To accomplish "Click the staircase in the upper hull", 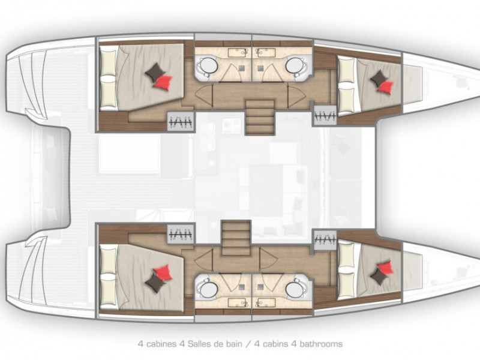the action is pos(260,118).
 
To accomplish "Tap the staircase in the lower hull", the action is pos(236,238).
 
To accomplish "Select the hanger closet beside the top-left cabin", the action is pos(181,121).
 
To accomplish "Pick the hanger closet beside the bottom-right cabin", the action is pos(325,240).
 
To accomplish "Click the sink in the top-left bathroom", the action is pos(238,52).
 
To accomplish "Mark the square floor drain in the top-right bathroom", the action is pos(260,68).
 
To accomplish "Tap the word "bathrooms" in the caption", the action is pos(321,344).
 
